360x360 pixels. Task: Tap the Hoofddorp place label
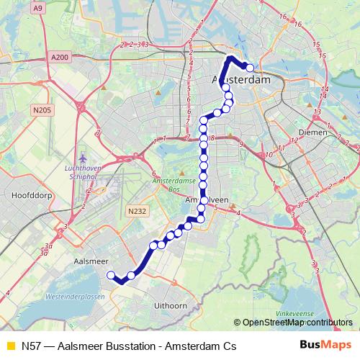[x=29, y=195]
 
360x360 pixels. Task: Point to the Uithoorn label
[x=171, y=306]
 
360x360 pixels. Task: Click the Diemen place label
[x=311, y=132]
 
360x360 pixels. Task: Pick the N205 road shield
[x=42, y=110]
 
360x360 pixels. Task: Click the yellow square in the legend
[x=9, y=346]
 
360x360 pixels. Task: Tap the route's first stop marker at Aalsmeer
[x=111, y=275]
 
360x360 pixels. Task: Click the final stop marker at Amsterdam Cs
[x=250, y=68]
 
